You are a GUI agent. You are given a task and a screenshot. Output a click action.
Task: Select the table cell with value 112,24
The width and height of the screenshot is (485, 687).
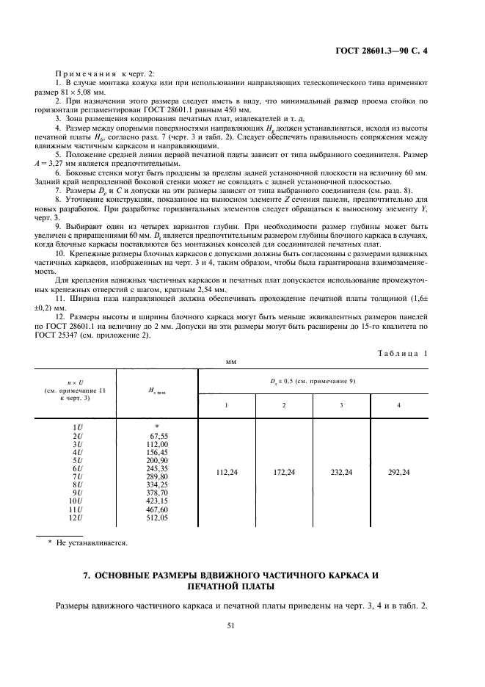coord(227,473)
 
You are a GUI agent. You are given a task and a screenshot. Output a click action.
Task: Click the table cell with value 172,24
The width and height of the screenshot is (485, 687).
coord(284,473)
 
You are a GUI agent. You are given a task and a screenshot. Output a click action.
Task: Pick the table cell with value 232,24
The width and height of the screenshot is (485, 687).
coord(341,473)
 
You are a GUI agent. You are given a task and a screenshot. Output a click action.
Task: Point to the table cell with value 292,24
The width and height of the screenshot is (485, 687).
coord(398,473)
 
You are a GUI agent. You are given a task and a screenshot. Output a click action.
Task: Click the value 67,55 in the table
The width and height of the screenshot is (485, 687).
coord(158,435)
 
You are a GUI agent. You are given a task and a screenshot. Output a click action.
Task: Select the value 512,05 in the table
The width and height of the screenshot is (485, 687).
coord(158,517)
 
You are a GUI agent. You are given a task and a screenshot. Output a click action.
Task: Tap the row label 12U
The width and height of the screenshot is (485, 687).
coord(75,517)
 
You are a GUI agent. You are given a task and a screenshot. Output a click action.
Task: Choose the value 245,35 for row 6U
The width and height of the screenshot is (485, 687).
coord(158,468)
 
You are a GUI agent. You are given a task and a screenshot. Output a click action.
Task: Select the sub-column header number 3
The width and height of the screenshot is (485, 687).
coord(341,404)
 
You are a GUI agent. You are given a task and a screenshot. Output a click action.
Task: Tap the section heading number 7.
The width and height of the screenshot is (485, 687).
coord(87,576)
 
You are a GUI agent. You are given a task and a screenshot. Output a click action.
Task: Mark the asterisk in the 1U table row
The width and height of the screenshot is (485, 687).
coord(157,427)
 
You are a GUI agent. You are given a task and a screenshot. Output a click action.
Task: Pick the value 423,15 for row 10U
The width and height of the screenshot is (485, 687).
coord(158,501)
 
